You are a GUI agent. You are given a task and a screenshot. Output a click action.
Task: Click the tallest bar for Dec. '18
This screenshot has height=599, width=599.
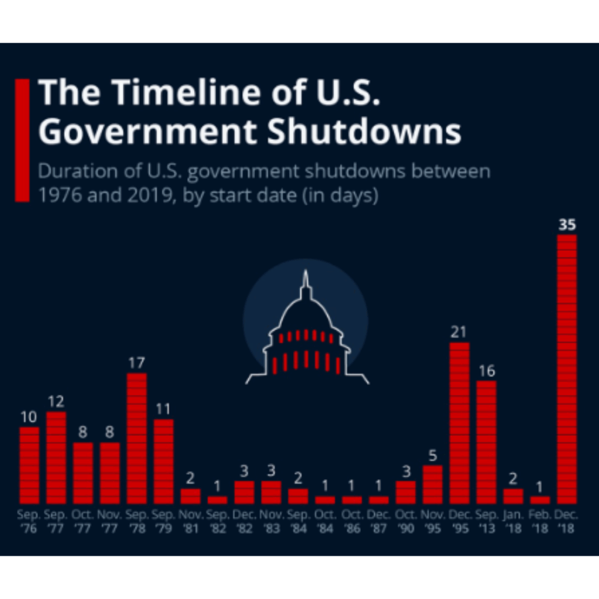coord(567,369)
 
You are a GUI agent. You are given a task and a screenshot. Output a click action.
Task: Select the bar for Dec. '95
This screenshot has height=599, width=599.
coord(459,423)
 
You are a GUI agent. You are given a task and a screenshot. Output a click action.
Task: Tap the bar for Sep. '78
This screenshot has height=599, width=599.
coord(136,438)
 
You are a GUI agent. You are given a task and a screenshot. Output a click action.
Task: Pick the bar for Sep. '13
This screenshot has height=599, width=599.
coord(486,442)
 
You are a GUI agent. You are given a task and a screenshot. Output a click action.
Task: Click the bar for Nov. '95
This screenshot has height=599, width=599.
coord(432,484)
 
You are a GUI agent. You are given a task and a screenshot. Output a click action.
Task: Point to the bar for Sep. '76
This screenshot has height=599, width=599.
coord(29,465)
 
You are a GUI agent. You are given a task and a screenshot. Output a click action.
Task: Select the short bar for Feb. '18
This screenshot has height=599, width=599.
coord(540,500)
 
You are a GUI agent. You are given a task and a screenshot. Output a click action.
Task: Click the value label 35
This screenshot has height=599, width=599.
coord(567,225)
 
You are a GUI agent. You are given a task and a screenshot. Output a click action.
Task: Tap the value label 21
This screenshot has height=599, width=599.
coord(459,332)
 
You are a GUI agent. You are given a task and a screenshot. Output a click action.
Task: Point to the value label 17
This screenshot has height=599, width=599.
coord(136,363)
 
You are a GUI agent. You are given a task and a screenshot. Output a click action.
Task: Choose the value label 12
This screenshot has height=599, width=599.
coord(56,402)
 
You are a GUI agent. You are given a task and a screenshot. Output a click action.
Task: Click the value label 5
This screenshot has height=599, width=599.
coord(432,456)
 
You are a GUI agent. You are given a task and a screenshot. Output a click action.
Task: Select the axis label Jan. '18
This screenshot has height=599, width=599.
coord(513,521)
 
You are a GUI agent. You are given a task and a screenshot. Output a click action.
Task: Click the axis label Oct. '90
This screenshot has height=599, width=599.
coord(405,521)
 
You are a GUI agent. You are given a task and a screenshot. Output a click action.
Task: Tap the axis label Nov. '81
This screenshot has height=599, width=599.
coord(190,521)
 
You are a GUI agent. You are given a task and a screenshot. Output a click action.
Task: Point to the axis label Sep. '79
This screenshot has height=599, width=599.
coord(163,521)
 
